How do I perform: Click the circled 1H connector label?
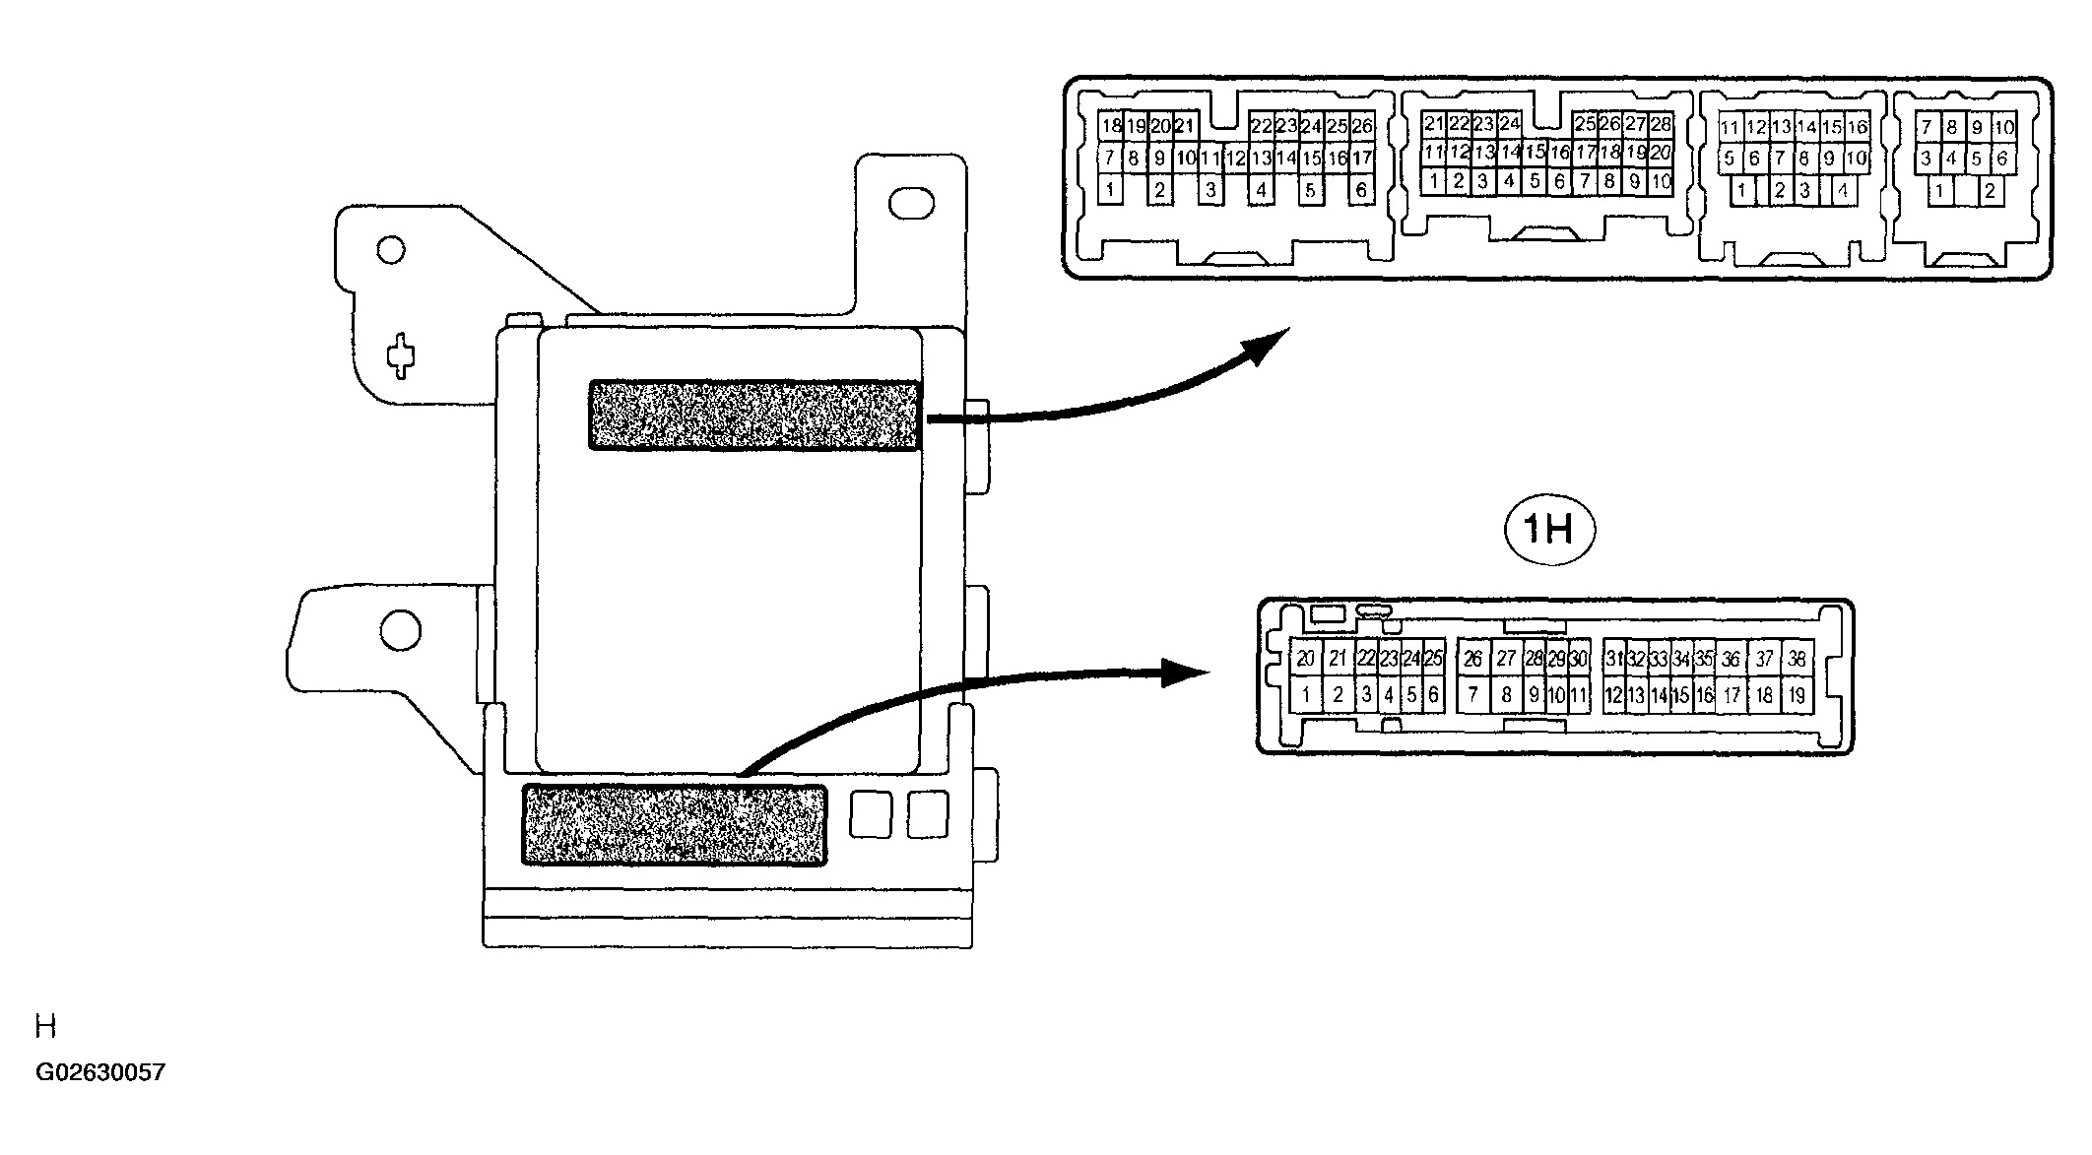pyautogui.click(x=1549, y=532)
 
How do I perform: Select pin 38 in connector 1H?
pyautogui.click(x=1797, y=659)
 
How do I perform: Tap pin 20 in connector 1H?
pyautogui.click(x=1306, y=659)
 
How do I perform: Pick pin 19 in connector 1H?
pyautogui.click(x=1797, y=696)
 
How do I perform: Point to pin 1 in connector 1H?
pyautogui.click(x=1306, y=696)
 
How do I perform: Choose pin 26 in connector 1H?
pyautogui.click(x=1472, y=659)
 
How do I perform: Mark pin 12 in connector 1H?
pyautogui.click(x=1613, y=696)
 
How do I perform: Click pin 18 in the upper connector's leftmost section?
pyautogui.click(x=1111, y=126)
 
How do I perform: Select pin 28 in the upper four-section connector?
pyautogui.click(x=1661, y=124)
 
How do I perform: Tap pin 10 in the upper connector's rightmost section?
pyautogui.click(x=2003, y=127)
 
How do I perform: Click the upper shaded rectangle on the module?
pyautogui.click(x=755, y=416)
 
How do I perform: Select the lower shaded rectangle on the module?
pyautogui.click(x=674, y=825)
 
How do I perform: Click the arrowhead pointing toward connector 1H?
pyautogui.click(x=1187, y=673)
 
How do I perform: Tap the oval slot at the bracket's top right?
pyautogui.click(x=910, y=204)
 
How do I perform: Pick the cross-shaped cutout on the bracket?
pyautogui.click(x=400, y=356)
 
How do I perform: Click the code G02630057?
pyautogui.click(x=100, y=1072)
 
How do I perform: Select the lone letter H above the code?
pyautogui.click(x=45, y=1028)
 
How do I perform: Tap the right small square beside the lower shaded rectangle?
pyautogui.click(x=927, y=814)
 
